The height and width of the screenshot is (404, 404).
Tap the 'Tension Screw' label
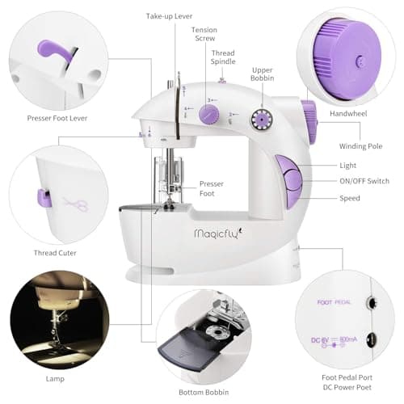pyautogui.click(x=204, y=35)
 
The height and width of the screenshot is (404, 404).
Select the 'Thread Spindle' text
pyautogui.click(x=223, y=58)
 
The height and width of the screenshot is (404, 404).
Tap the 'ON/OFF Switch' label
pyautogui.click(x=363, y=181)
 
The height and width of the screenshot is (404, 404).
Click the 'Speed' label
pyautogui.click(x=350, y=198)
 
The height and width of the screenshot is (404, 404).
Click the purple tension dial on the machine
pyautogui.click(x=209, y=116)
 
